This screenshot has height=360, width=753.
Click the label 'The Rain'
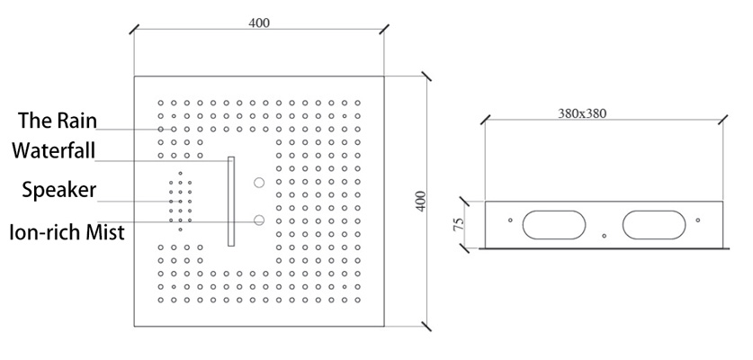[58, 120]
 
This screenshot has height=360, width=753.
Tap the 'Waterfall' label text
[54, 150]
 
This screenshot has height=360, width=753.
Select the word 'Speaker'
[59, 190]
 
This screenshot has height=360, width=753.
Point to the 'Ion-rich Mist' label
[67, 232]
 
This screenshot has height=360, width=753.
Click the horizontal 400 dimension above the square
[259, 22]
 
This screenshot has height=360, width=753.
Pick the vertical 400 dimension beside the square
[421, 202]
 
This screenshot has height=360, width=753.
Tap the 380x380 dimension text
[583, 113]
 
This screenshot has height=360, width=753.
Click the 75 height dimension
[459, 224]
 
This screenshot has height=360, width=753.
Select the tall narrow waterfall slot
[231, 202]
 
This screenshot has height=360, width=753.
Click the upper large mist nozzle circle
[259, 183]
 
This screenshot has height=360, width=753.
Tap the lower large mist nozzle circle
[259, 220]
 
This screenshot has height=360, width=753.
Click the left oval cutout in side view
[554, 224]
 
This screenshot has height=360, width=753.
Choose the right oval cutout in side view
[654, 224]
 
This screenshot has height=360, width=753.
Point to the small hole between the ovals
[605, 236]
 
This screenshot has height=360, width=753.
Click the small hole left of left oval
[510, 220]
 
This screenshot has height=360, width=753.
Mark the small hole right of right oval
[698, 220]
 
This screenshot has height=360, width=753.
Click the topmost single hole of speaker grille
[180, 173]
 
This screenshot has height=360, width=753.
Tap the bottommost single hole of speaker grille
[180, 229]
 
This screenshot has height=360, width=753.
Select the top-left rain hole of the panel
[161, 103]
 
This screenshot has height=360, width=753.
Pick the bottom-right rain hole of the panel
[357, 300]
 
